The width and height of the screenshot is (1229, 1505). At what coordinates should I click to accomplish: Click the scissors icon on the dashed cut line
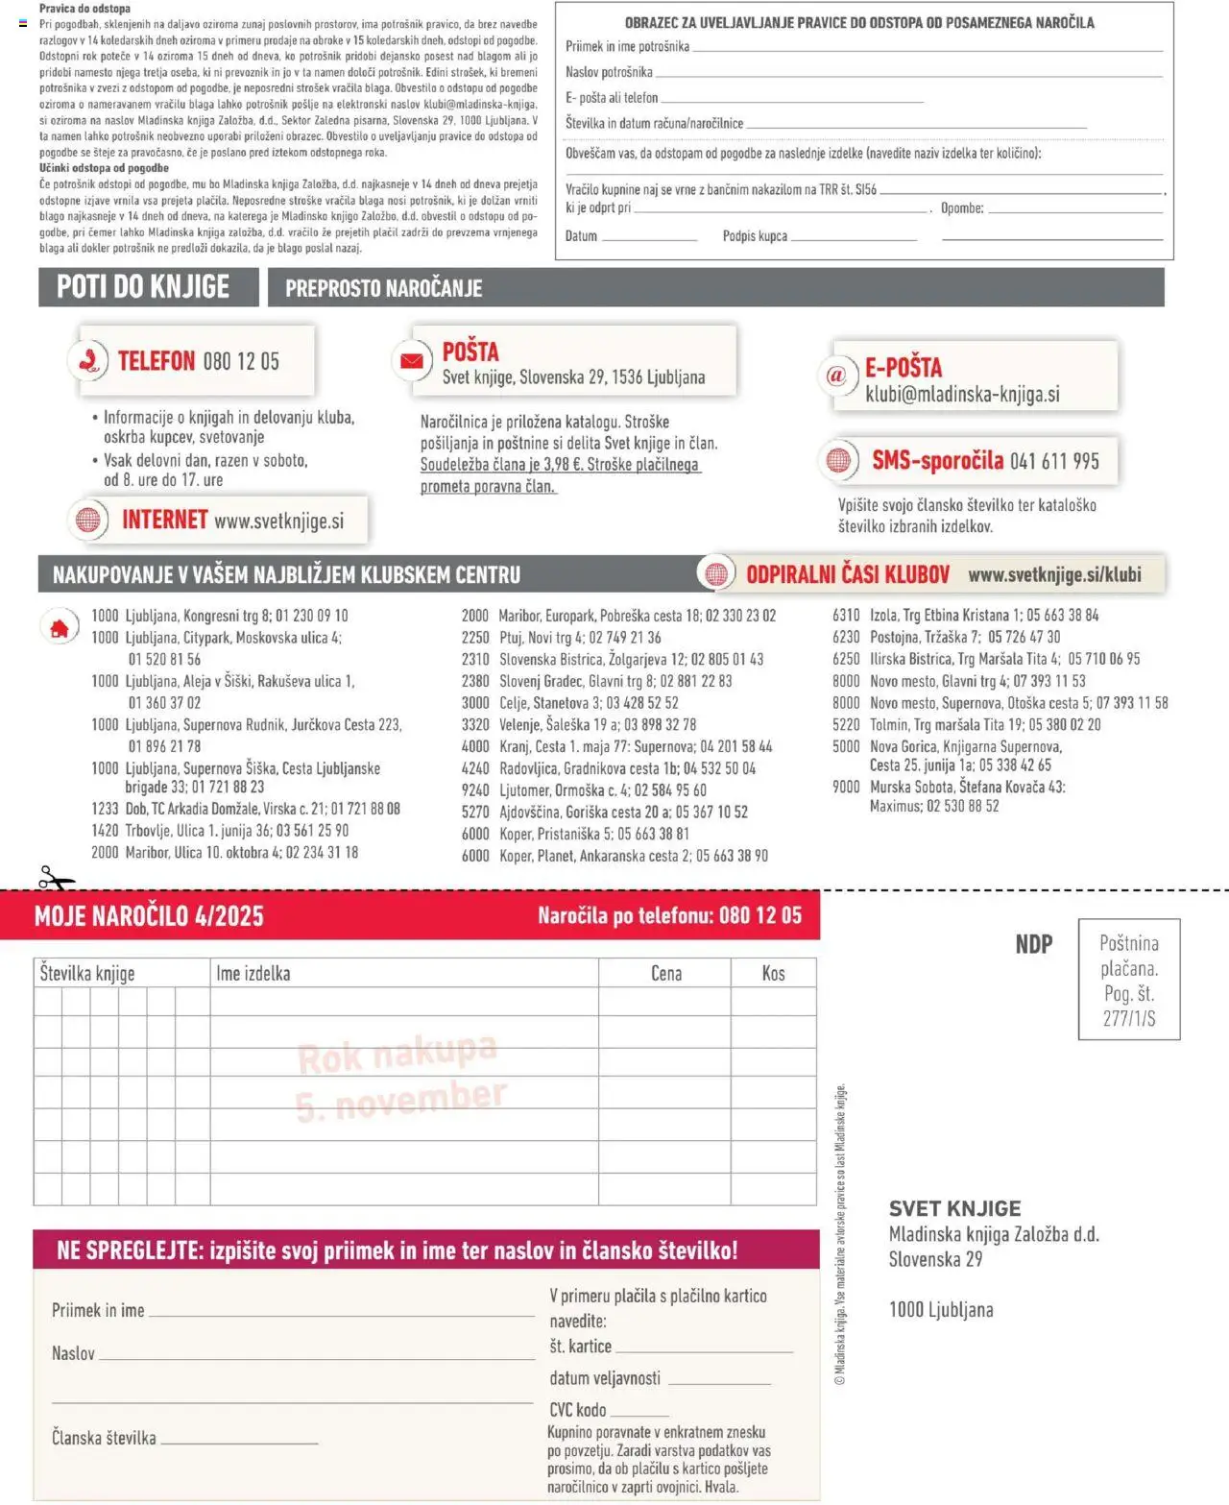(x=56, y=879)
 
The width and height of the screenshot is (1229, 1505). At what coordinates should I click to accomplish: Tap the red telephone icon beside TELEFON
(x=88, y=361)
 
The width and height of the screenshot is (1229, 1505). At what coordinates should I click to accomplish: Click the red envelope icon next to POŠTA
(x=411, y=361)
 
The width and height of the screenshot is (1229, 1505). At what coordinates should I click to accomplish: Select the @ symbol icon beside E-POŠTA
(x=836, y=376)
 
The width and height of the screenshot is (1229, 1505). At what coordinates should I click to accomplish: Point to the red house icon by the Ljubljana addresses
(x=60, y=628)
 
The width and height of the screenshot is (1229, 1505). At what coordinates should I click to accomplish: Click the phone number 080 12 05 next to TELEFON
(x=241, y=361)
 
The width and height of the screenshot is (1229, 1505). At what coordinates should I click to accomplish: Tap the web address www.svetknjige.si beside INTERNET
(x=278, y=521)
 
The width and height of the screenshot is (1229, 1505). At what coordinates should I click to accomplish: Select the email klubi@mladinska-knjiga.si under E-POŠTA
(x=962, y=394)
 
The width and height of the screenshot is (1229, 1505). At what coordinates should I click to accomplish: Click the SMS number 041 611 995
(x=1054, y=461)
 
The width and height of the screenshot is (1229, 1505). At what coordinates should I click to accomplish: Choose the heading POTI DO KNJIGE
(x=143, y=287)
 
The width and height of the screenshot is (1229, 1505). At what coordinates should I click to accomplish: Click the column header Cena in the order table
(x=666, y=973)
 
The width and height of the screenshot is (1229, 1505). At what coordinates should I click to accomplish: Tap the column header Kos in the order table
(x=773, y=973)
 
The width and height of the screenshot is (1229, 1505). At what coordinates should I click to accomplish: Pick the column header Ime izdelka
(x=253, y=973)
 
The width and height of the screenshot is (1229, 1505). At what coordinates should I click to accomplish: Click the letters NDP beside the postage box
(x=1034, y=944)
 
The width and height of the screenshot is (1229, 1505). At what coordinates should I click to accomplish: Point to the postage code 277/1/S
(x=1129, y=1018)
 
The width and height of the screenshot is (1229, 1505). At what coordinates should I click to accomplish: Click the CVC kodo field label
(x=578, y=1410)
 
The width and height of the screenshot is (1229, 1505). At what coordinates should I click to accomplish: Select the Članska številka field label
(x=104, y=1438)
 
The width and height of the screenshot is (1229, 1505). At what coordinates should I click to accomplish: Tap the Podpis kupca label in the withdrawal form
(x=755, y=236)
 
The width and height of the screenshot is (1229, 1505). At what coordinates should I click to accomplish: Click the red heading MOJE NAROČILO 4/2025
(x=149, y=915)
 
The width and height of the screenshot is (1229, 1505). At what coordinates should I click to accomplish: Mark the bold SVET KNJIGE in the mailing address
(x=954, y=1208)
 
